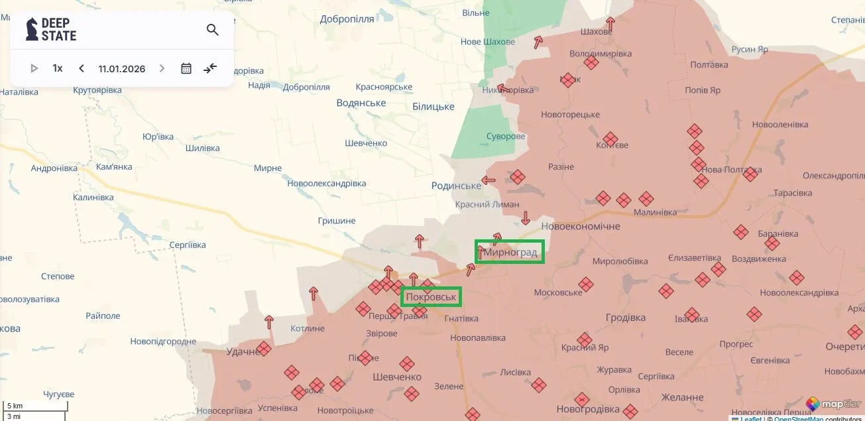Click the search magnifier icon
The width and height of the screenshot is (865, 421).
pos(213,30)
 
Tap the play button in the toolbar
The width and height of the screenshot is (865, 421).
pos(34,68)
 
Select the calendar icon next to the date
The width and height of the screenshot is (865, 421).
pos(186,68)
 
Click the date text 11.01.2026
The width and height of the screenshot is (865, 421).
pos(122,68)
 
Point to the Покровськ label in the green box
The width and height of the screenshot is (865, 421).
pos(431,297)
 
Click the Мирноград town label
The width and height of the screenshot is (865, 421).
pos(510,253)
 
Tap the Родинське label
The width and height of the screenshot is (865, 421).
pos(456,186)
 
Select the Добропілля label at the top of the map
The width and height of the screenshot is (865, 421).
pos(347,19)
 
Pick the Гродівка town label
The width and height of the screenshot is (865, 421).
pos(625,318)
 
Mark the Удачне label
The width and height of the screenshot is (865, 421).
pos(243,351)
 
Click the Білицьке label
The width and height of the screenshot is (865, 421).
pos(433,106)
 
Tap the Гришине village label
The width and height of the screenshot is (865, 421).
pos(337,221)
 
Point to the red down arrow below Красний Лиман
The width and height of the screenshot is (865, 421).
pos(526,217)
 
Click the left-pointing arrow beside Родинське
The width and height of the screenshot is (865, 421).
pos(489,180)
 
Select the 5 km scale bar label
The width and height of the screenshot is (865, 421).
pos(15,406)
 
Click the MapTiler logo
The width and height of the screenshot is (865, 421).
pos(833,403)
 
